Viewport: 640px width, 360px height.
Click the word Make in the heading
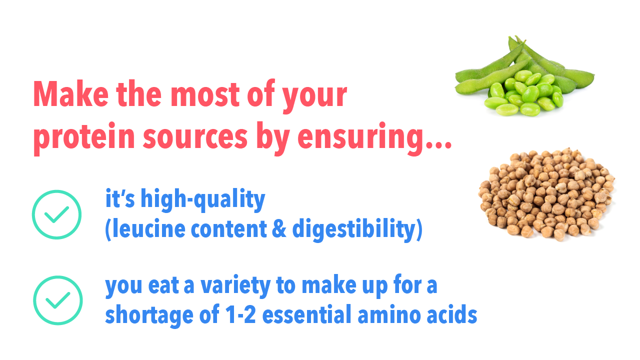[71, 94]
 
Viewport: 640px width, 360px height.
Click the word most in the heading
[205, 95]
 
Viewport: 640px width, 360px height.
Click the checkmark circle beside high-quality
[56, 214]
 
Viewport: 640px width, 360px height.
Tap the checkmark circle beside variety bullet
[57, 300]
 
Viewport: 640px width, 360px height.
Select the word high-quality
[203, 199]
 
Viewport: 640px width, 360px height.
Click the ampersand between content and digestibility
[279, 229]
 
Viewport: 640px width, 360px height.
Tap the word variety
[235, 286]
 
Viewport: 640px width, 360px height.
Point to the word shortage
[149, 316]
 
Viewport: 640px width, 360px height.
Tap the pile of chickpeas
[546, 194]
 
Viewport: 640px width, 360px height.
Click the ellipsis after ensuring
[438, 145]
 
